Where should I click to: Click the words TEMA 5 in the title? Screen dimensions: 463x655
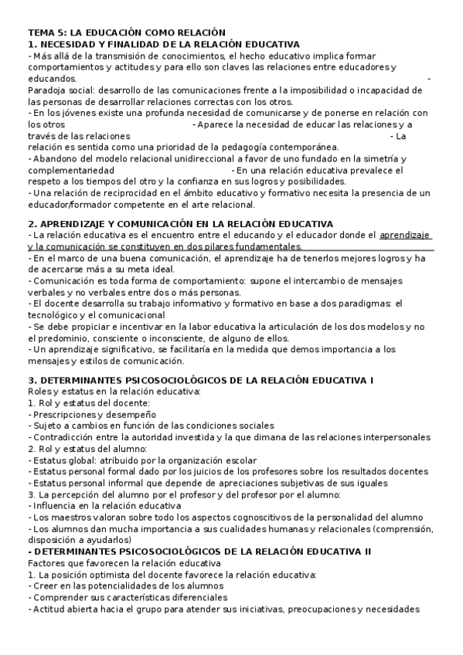coord(46,33)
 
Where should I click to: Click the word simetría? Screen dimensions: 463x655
coord(384,158)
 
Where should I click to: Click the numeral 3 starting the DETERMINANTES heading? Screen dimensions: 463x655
coord(31,381)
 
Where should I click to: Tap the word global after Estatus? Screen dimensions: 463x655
coord(78,460)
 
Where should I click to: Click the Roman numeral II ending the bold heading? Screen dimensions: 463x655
coord(367,551)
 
